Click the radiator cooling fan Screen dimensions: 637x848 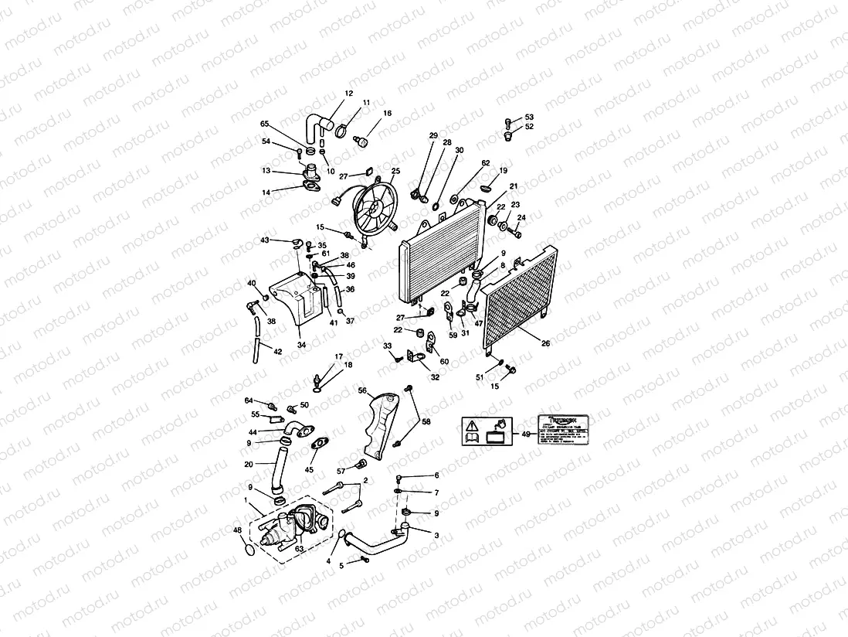click(x=371, y=207)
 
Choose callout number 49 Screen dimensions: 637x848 click(x=525, y=435)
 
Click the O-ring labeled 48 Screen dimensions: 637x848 click(x=247, y=550)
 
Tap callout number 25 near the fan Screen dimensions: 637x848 click(x=395, y=171)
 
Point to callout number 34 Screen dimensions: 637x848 click(x=300, y=344)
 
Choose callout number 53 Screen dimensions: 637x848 click(x=529, y=117)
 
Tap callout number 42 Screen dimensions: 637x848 click(x=277, y=352)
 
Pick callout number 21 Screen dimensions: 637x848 click(x=513, y=186)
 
